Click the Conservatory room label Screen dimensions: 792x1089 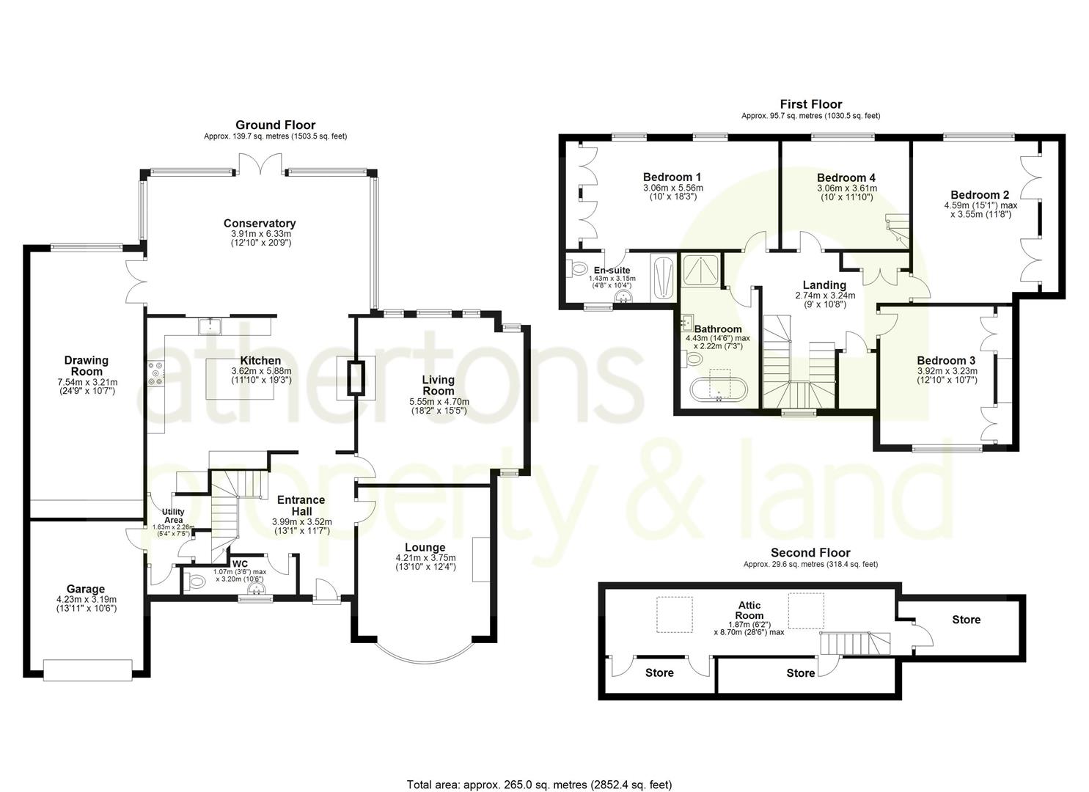coord(259,224)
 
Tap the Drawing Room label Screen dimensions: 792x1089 coord(86,365)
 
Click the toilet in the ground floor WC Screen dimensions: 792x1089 coord(195,582)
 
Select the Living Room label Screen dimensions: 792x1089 coord(438,385)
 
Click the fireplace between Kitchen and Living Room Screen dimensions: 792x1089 coord(356,378)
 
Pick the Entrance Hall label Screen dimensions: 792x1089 coord(301,505)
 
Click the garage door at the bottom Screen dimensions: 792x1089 coord(87,670)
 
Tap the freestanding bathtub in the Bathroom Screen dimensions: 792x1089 coord(719,390)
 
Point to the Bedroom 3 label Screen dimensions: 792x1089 coord(946,361)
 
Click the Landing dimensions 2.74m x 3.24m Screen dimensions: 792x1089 coord(824,296)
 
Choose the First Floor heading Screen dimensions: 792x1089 coord(810,104)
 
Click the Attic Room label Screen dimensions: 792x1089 coord(749,610)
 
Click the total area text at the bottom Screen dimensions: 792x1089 coord(539,785)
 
